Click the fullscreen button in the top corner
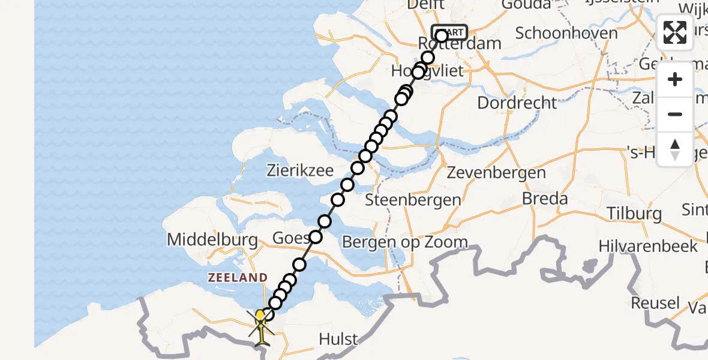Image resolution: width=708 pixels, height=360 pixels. (675, 32)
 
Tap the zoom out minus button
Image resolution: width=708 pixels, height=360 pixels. (675, 114)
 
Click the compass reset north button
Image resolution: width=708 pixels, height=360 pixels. (675, 149)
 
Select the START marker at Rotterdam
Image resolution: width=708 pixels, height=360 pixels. (449, 32)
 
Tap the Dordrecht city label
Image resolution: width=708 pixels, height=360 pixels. (517, 103)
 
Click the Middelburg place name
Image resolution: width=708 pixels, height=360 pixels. (212, 240)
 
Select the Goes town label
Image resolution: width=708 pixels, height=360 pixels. (290, 238)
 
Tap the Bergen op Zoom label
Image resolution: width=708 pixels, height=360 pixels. (404, 242)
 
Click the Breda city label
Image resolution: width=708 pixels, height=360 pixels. (545, 199)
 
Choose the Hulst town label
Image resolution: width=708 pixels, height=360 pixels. (338, 340)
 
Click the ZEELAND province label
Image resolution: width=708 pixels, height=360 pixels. (238, 278)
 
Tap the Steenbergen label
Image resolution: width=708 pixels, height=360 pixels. (413, 200)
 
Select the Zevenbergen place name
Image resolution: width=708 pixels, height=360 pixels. (497, 173)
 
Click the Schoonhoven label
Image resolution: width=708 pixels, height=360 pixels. (566, 33)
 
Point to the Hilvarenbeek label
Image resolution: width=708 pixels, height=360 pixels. (648, 245)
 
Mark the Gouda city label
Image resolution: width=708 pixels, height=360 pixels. (528, 5)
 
